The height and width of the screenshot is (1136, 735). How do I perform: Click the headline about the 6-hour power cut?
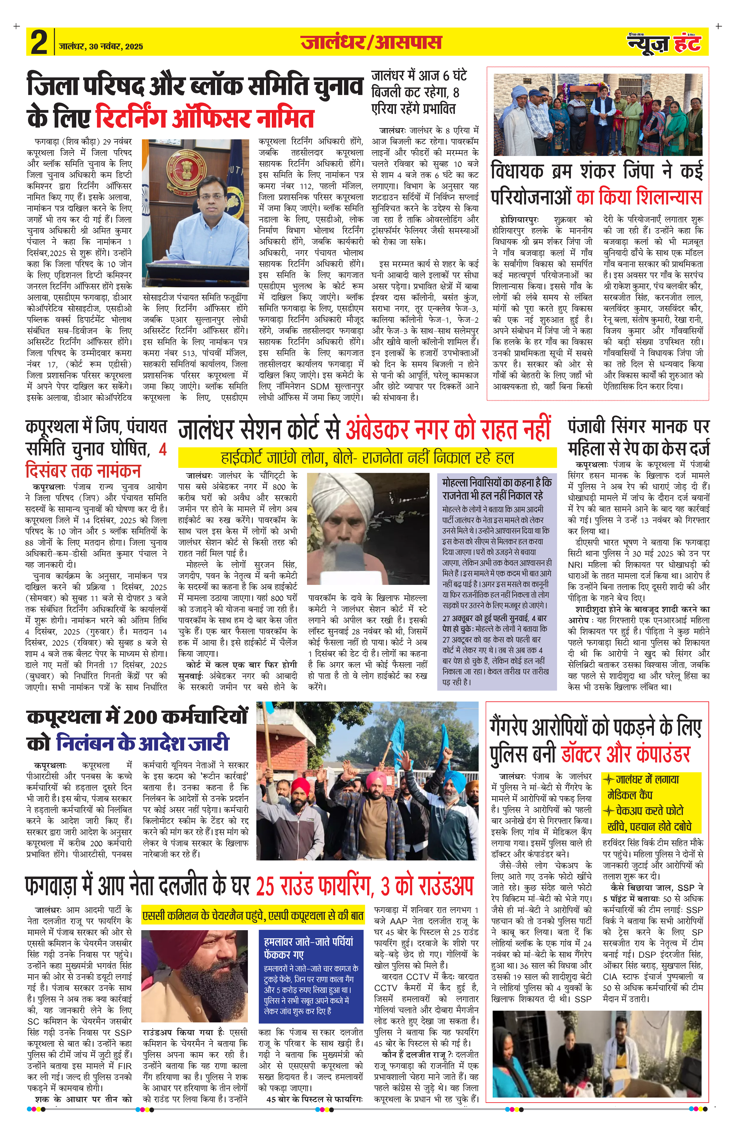(x=419, y=92)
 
